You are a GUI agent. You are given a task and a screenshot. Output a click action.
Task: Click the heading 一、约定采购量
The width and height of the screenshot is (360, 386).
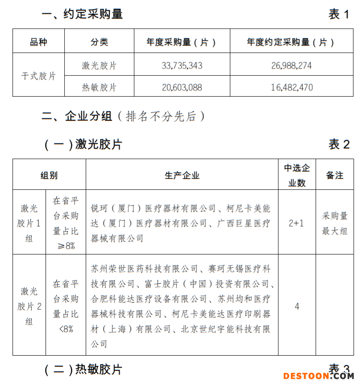click(x=82, y=14)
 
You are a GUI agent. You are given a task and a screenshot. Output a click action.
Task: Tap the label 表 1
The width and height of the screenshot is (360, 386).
click(x=339, y=14)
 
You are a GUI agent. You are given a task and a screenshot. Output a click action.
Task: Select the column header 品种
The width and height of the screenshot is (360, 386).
click(x=38, y=42)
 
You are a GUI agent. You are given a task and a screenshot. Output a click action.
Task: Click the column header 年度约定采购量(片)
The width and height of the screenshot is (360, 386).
click(x=291, y=42)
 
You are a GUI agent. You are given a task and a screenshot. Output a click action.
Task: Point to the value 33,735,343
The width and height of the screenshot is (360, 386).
click(x=182, y=66)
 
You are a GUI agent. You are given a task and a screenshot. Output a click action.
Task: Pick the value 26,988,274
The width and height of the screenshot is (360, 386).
click(x=291, y=66)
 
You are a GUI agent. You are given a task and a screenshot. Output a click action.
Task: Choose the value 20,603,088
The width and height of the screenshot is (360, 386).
click(x=182, y=87)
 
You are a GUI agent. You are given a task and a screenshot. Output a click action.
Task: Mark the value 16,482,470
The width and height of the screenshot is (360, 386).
click(x=291, y=87)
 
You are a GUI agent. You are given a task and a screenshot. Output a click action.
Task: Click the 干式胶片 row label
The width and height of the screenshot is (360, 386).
click(x=38, y=76)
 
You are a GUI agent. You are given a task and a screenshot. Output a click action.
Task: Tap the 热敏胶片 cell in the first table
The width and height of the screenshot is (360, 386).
click(x=99, y=87)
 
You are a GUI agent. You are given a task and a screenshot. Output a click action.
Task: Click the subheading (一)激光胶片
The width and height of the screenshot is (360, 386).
click(x=83, y=144)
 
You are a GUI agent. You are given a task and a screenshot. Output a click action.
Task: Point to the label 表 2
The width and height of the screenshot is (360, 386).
click(x=339, y=144)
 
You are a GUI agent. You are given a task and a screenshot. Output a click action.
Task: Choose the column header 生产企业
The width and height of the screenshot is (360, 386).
click(x=182, y=175)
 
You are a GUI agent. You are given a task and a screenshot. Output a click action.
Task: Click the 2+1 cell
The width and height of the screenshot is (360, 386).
click(x=297, y=223)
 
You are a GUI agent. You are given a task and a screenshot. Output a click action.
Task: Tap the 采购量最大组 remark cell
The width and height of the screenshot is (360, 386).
click(x=335, y=223)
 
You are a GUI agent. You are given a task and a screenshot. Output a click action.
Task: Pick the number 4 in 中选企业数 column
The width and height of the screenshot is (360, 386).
click(x=297, y=307)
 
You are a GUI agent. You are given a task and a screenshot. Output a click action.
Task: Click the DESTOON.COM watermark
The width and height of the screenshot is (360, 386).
click(x=318, y=376)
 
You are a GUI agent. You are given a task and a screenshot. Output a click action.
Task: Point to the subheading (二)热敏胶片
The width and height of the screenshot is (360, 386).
click(x=83, y=369)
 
